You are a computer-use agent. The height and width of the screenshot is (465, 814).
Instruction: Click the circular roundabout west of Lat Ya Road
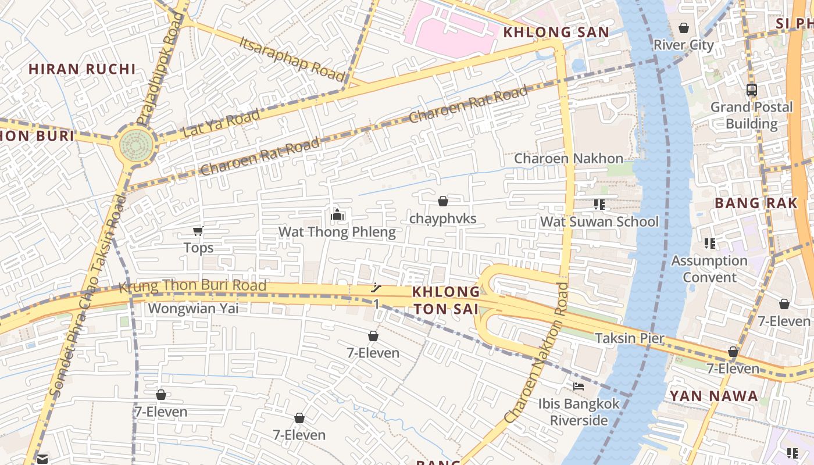137,146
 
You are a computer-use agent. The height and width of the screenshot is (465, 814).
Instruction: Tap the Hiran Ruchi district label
82,69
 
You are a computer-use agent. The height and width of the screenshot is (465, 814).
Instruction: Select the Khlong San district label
556,33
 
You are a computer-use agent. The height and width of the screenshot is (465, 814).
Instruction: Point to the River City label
684,45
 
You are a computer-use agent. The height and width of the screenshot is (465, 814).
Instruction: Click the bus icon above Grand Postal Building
752,90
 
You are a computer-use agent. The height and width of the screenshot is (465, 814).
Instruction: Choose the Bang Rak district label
756,203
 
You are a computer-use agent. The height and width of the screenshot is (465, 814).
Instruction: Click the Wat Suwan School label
599,221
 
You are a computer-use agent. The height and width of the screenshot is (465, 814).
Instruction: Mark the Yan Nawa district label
713,396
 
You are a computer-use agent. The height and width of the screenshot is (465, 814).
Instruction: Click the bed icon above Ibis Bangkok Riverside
579,386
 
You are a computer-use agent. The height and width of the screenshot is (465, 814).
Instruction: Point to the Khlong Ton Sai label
446,300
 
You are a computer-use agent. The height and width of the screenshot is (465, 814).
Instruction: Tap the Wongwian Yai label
194,308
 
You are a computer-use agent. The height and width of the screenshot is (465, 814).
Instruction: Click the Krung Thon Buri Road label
192,286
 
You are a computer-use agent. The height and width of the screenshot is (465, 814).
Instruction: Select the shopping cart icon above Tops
198,231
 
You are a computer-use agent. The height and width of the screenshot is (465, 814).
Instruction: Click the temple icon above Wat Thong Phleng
337,215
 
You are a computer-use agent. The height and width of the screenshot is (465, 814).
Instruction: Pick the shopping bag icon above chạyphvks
443,201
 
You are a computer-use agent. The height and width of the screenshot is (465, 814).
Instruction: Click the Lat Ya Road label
221,124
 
